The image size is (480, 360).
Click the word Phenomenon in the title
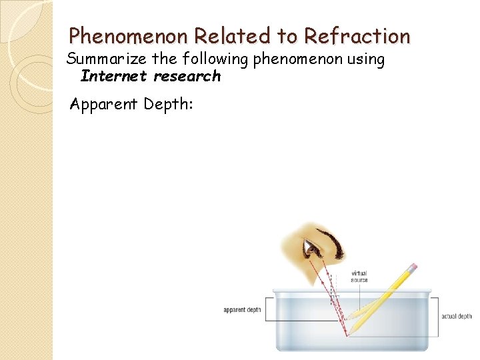(120, 35)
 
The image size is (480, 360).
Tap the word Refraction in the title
(357, 35)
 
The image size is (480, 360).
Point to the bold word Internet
(113, 76)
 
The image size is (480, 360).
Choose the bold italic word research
(187, 76)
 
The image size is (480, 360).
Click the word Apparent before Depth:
(103, 104)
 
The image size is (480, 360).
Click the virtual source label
(359, 276)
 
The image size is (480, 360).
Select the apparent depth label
(242, 310)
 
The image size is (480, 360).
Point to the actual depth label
(457, 316)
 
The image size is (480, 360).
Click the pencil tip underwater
(346, 333)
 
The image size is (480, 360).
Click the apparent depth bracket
(268, 310)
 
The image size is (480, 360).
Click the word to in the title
(285, 35)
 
